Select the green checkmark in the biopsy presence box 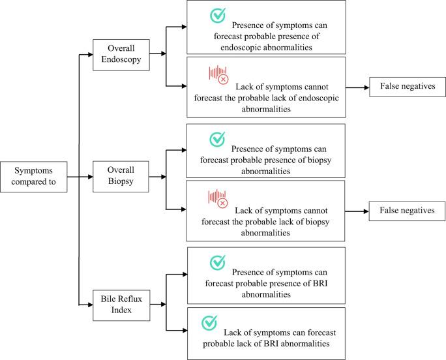(217, 139)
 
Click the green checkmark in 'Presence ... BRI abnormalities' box (217, 262)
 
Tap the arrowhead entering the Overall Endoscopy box (92, 54)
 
